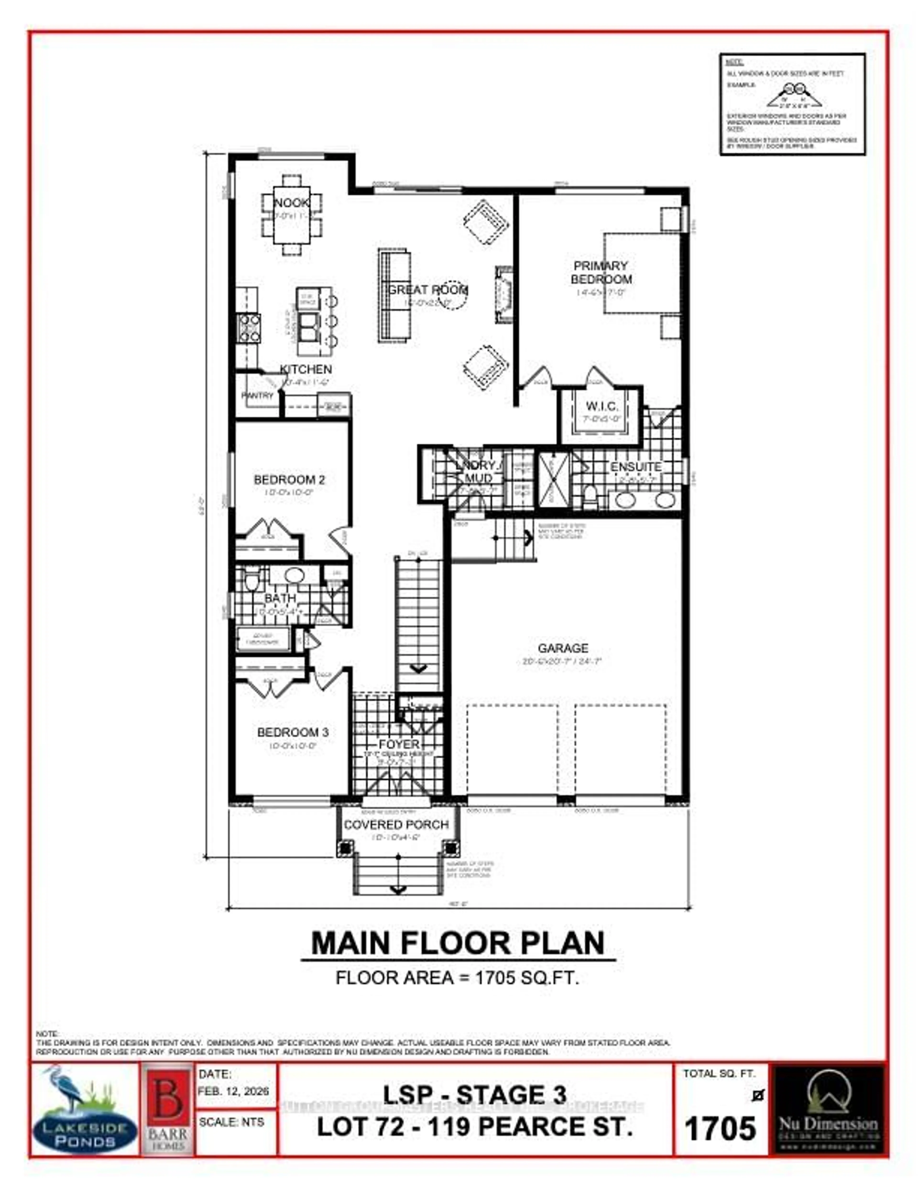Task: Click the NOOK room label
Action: [x=291, y=203]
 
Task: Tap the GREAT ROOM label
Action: [x=427, y=290]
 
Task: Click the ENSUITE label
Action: [x=635, y=467]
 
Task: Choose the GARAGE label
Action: [x=563, y=648]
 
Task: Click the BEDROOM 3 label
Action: [x=293, y=732]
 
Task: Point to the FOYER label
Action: [x=399, y=744]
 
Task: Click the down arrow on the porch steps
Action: [x=398, y=890]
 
